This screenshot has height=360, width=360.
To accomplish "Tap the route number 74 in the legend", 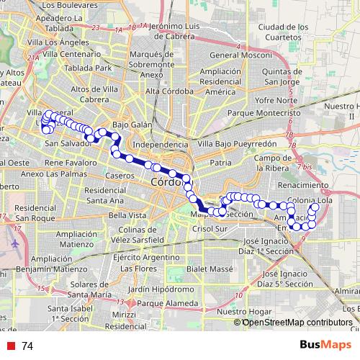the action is click(x=27, y=346).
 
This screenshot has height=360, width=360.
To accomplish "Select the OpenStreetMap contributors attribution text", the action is click(x=297, y=322).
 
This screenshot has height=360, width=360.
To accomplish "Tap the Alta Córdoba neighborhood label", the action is click(x=169, y=91).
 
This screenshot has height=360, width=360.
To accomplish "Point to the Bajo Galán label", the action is click(x=132, y=124).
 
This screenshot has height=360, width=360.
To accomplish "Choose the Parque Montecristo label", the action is click(x=266, y=113).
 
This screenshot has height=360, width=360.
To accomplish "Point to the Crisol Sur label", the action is click(x=212, y=228).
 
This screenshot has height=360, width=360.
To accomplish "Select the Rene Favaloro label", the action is click(x=70, y=163).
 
